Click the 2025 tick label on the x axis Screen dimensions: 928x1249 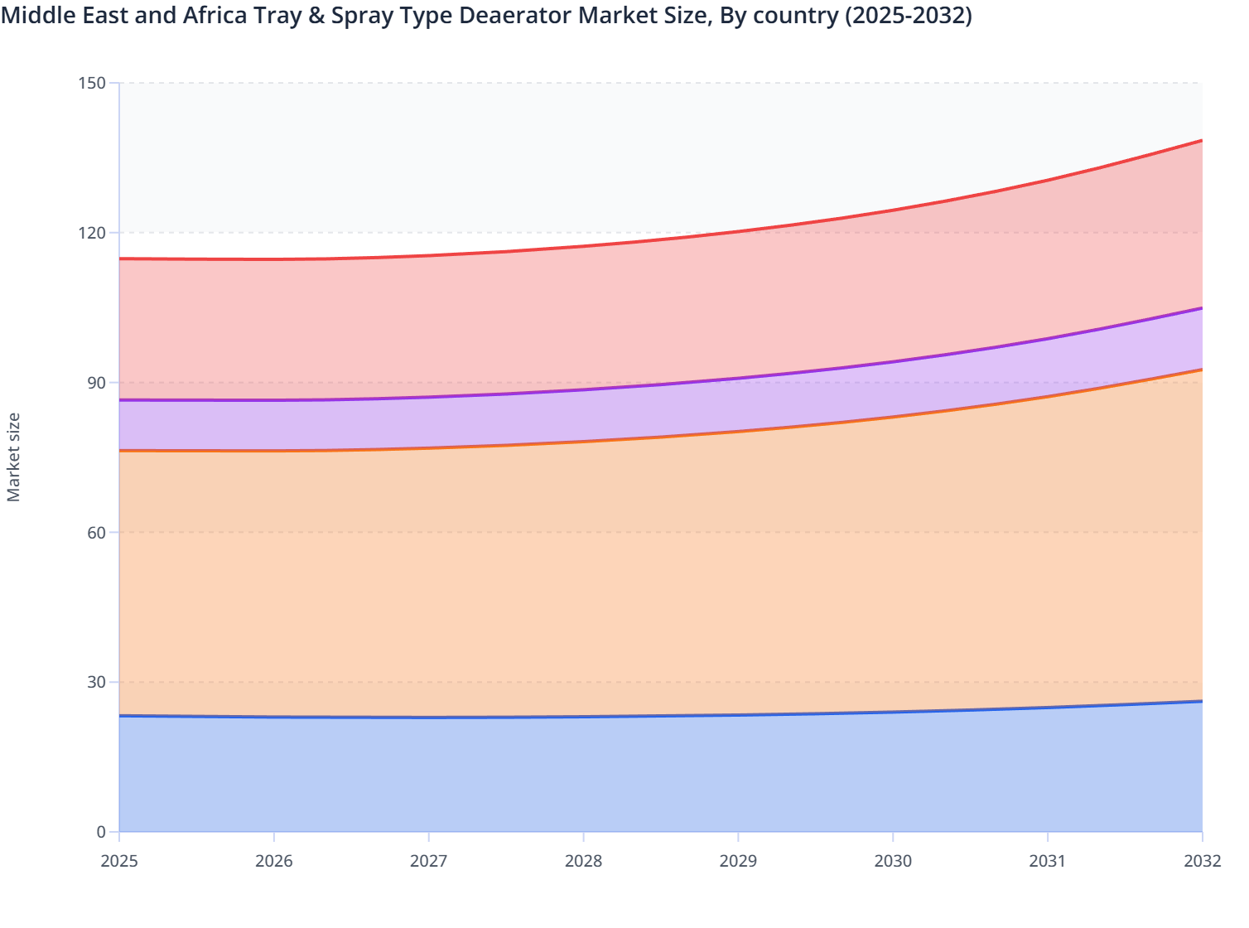click(119, 861)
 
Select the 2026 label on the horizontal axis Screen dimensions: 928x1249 click(274, 861)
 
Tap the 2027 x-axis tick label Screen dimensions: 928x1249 click(429, 861)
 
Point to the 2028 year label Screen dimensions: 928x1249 click(584, 861)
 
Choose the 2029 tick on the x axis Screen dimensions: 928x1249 click(738, 861)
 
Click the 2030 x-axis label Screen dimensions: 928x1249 click(893, 861)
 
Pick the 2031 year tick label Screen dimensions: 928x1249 click(1048, 861)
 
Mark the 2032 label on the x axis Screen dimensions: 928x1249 click(1202, 861)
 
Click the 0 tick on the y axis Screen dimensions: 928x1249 click(101, 832)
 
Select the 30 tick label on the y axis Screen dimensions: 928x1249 click(97, 682)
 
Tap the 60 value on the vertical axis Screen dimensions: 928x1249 click(97, 532)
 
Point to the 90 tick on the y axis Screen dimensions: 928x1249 click(97, 383)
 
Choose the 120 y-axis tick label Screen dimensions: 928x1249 click(93, 233)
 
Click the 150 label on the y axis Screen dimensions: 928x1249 click(93, 83)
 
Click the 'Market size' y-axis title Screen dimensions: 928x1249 click(14, 457)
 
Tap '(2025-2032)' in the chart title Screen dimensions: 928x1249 click(908, 15)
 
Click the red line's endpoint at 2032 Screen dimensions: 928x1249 click(1202, 141)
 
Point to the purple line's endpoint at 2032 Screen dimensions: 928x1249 click(1202, 308)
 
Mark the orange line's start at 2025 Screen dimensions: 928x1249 click(120, 451)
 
